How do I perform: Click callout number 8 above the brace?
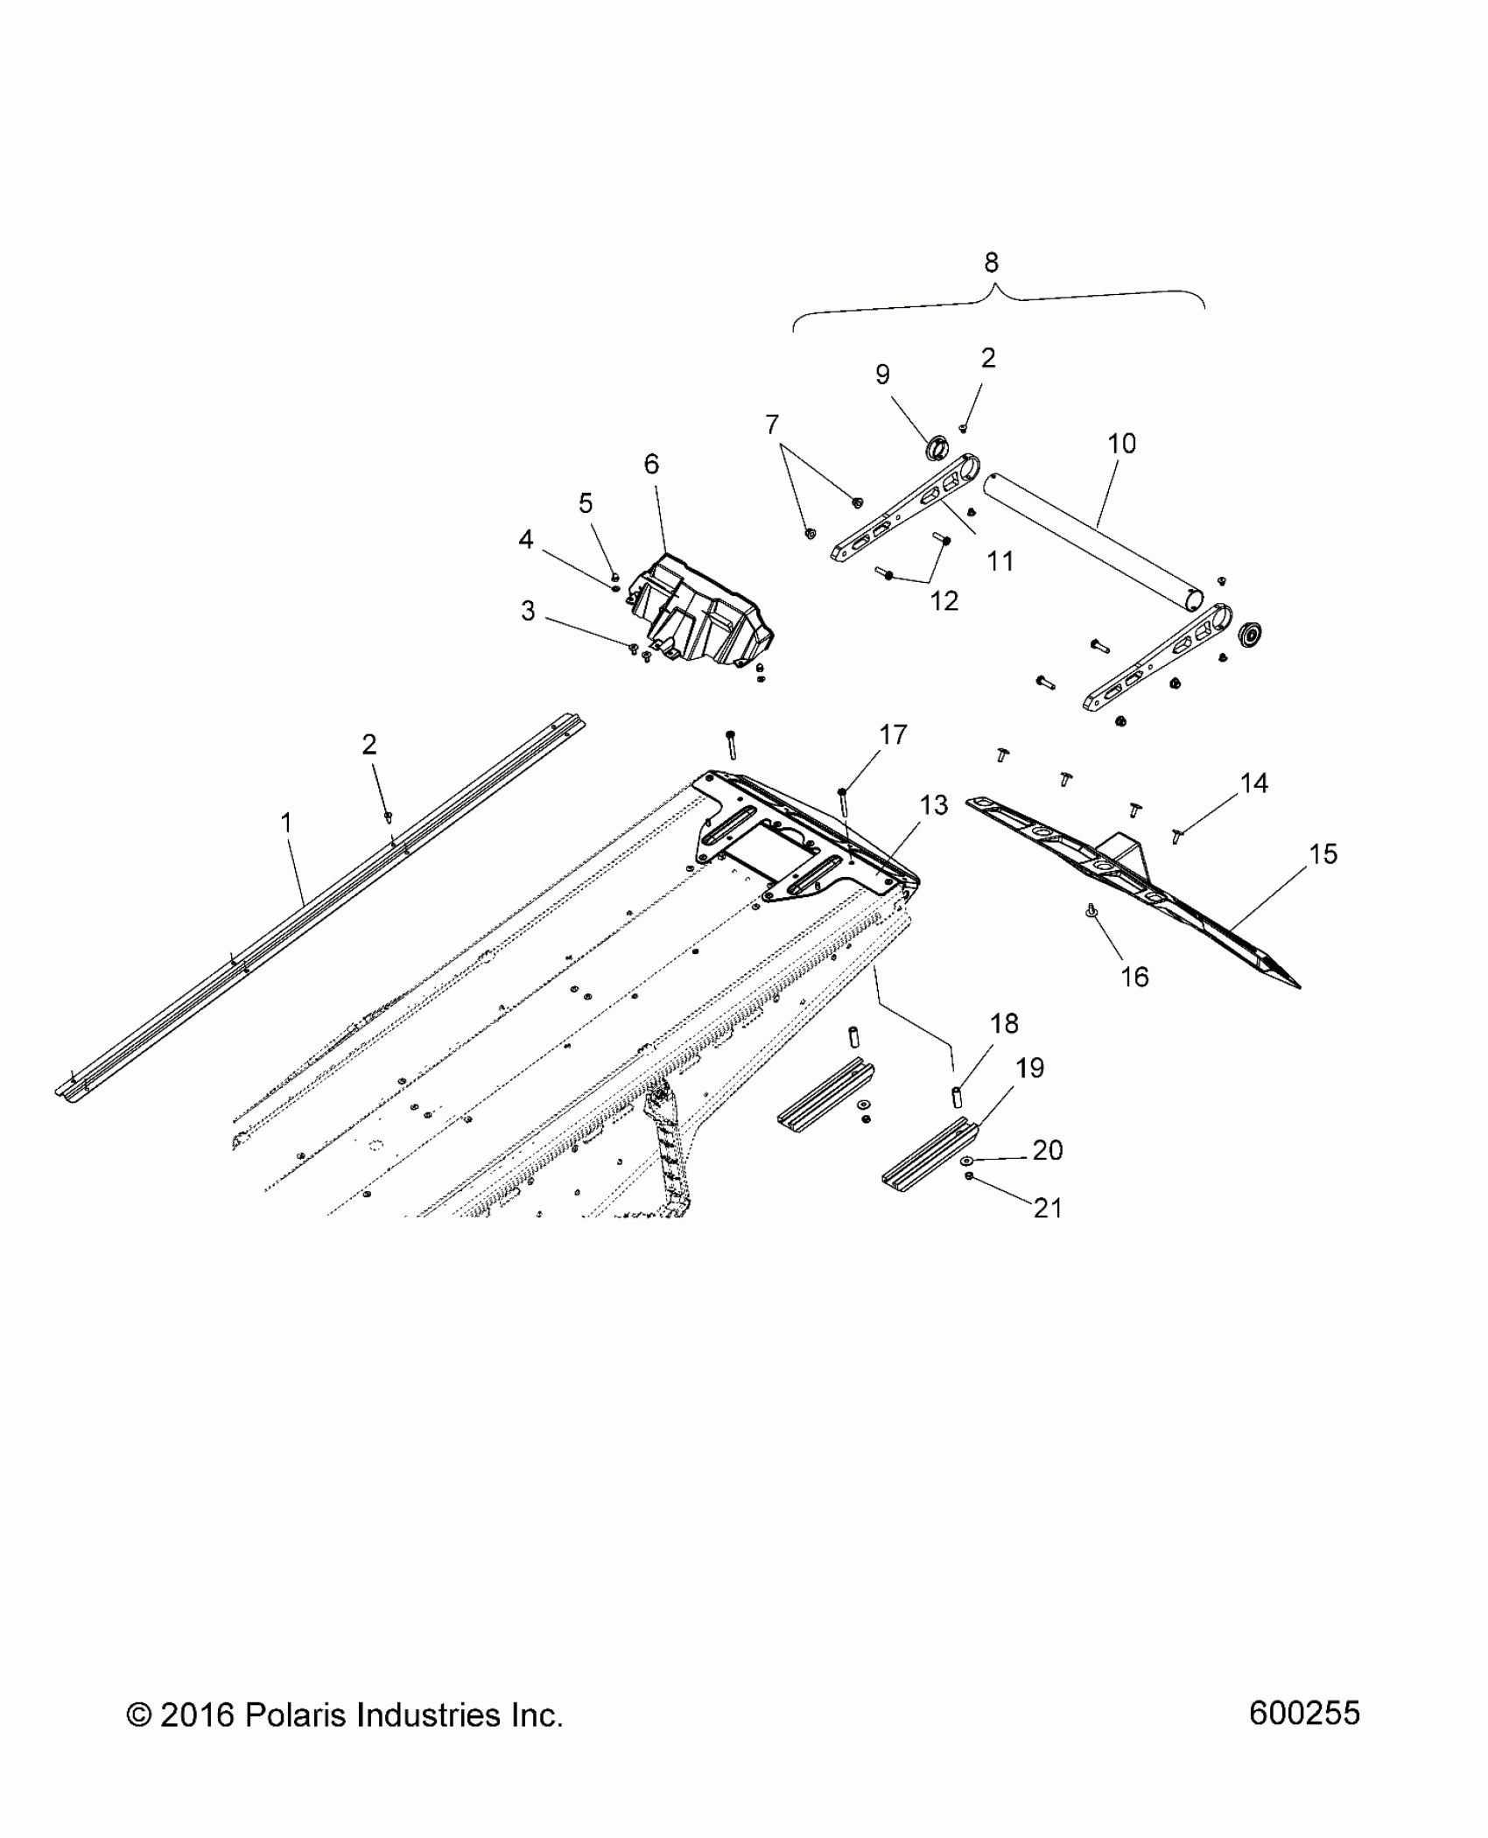tap(991, 262)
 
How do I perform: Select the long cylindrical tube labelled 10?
tap(1094, 543)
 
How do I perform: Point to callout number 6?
tap(651, 464)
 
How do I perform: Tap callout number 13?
tap(934, 805)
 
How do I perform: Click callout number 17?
tap(893, 734)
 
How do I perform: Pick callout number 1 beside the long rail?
tap(285, 823)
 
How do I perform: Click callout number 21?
tap(1048, 1208)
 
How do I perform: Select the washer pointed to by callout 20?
tap(967, 1160)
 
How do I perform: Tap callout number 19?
tap(1029, 1068)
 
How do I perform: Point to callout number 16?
tap(1134, 977)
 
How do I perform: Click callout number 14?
tap(1254, 783)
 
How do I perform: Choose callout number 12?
tap(944, 600)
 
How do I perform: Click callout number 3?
tap(528, 610)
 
